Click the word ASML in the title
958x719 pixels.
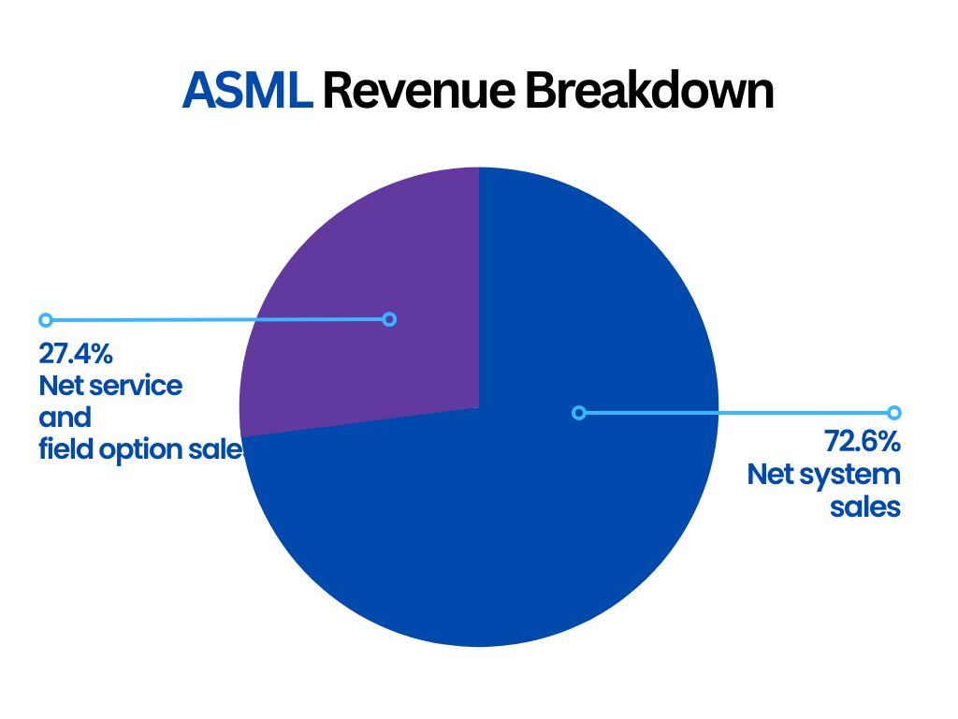247,92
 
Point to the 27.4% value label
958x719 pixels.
76,353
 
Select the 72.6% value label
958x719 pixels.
862,441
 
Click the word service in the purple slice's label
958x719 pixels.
137,385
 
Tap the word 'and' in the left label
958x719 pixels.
65,417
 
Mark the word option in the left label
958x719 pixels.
149,449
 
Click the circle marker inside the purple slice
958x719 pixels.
390,319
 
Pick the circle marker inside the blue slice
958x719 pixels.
579,412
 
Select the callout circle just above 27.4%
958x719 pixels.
45,319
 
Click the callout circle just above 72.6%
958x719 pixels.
893,412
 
